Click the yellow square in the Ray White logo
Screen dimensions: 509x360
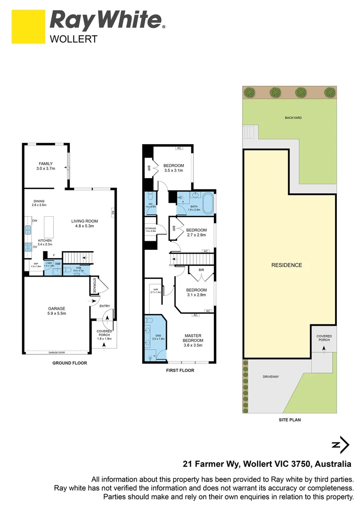(x=28, y=27)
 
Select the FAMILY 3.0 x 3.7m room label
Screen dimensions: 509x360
(x=46, y=166)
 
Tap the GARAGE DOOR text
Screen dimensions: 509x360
(x=56, y=352)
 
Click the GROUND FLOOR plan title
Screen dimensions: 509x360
(x=70, y=363)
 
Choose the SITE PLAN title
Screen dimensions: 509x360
(x=290, y=419)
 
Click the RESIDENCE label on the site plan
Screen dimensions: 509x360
(x=286, y=265)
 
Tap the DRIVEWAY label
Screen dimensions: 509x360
(x=271, y=377)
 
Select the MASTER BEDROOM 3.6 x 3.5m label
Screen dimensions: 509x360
(x=193, y=340)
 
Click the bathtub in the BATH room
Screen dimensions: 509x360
(x=208, y=203)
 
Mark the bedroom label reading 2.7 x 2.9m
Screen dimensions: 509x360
(x=196, y=232)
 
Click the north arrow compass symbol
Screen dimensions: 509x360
(x=341, y=444)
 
